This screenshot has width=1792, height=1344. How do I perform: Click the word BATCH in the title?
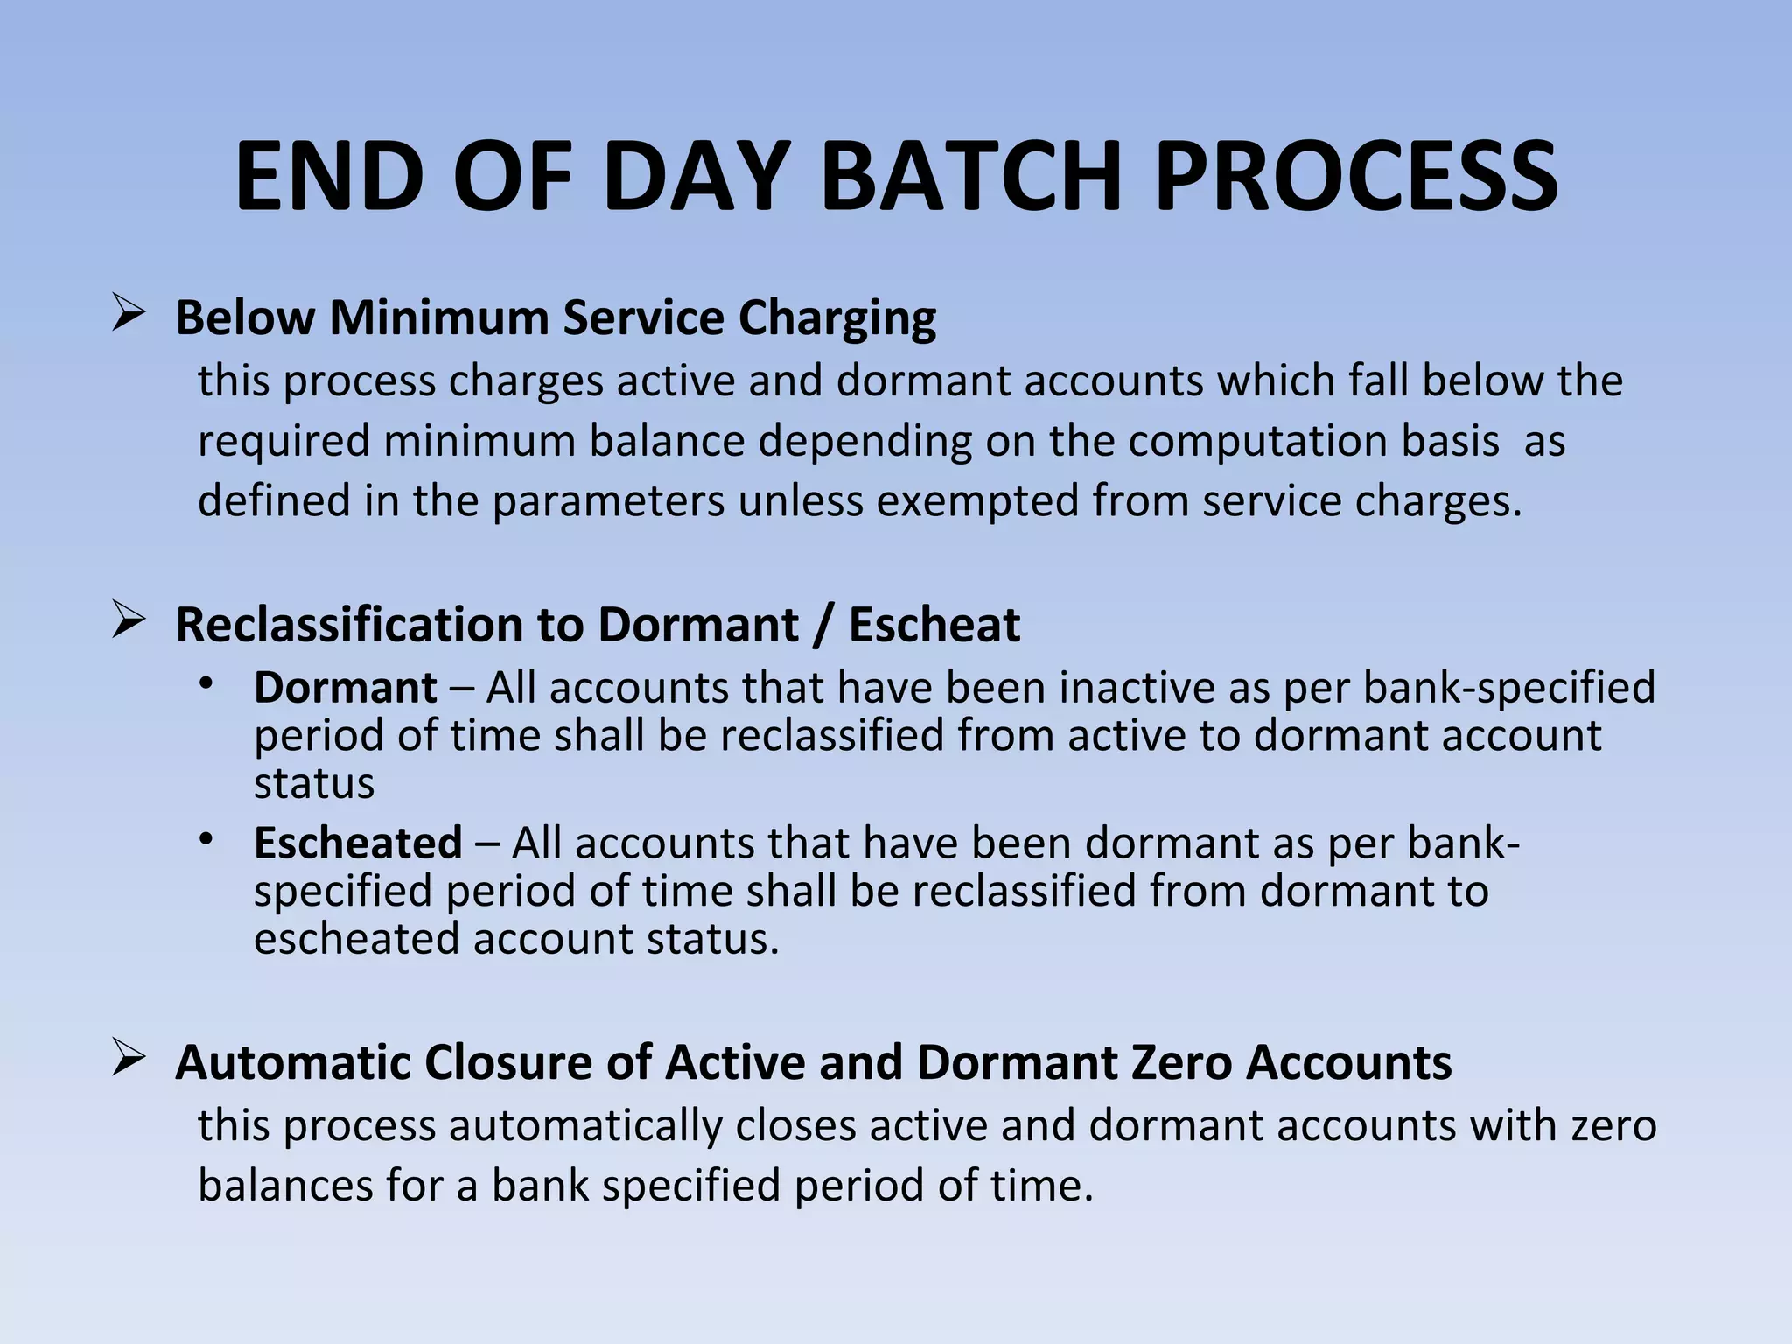tap(970, 177)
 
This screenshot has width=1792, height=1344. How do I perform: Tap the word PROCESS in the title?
tap(1356, 177)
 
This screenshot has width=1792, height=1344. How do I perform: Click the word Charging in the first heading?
tap(836, 318)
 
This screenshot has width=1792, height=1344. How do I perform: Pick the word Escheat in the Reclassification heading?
tap(934, 625)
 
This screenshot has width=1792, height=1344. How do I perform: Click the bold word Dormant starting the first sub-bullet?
tap(345, 688)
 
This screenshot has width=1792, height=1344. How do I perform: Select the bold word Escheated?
tap(357, 843)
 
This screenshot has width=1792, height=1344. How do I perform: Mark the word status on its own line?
tap(313, 783)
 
